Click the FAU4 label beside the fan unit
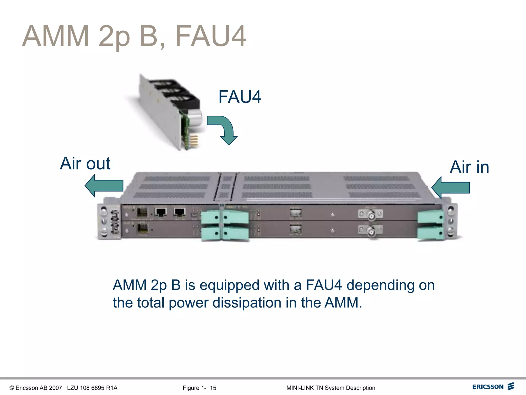click(240, 97)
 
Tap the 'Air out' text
click(85, 164)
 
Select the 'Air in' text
click(469, 167)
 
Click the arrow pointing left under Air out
click(104, 186)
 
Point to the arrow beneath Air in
click(451, 188)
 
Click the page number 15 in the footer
click(213, 388)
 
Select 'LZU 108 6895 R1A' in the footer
click(92, 388)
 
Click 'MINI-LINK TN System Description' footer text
click(331, 388)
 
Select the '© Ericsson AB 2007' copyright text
click(36, 388)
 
